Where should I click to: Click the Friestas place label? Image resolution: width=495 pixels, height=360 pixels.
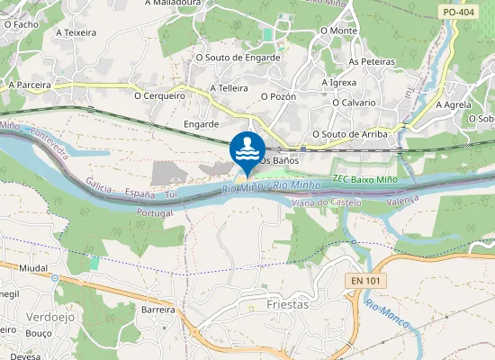(288, 304)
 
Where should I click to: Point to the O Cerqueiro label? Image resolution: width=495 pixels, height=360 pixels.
(159, 94)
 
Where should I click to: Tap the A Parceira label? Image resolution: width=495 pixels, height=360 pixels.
(30, 85)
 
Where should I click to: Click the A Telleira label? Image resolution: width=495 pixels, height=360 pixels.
(229, 88)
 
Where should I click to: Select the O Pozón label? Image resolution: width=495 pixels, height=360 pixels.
(278, 95)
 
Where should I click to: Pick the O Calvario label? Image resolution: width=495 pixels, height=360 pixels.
(353, 103)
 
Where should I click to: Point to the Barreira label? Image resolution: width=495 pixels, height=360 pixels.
(157, 309)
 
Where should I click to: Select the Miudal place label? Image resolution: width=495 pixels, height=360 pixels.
(33, 268)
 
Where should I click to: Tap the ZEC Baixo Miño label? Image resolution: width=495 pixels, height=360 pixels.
(364, 180)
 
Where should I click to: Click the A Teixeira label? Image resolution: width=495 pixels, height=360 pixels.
(76, 32)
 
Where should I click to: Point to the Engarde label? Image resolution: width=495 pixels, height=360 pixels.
(201, 123)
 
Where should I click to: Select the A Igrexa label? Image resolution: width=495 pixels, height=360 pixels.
(339, 82)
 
